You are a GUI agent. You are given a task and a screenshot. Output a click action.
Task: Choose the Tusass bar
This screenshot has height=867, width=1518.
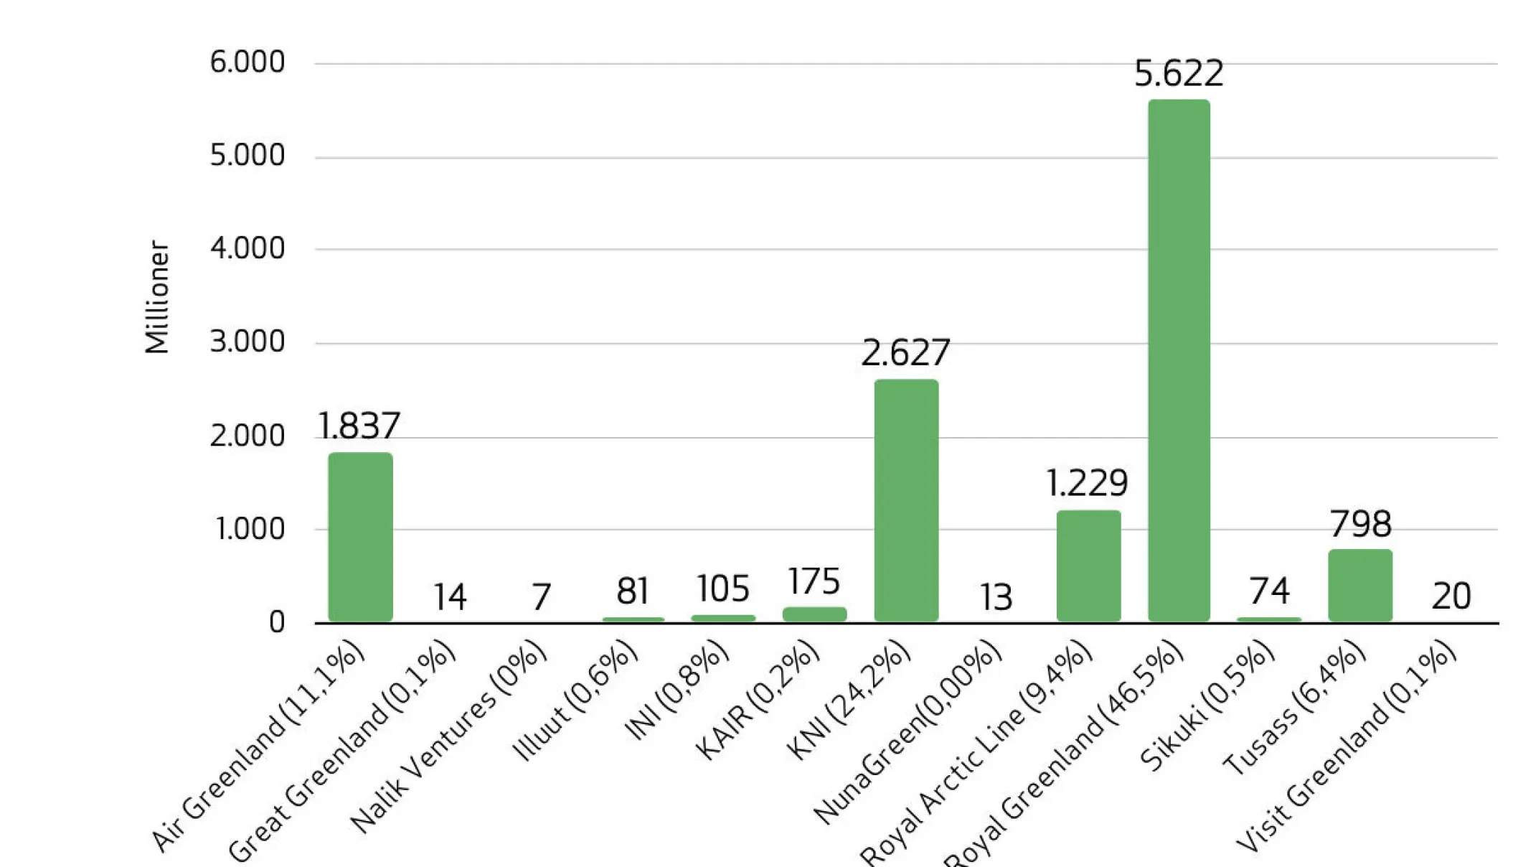[1360, 585]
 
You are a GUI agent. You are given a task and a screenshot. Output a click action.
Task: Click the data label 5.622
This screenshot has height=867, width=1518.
[1179, 73]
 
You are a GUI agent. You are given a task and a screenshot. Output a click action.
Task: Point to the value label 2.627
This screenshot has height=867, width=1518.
[905, 352]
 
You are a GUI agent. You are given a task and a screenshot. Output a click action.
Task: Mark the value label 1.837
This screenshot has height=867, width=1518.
[359, 426]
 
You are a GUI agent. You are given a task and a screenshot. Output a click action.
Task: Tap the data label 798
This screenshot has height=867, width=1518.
[1360, 524]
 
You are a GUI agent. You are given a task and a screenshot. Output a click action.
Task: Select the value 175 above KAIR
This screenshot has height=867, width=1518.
[814, 581]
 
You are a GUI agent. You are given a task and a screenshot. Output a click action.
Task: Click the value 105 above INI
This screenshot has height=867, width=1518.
[723, 589]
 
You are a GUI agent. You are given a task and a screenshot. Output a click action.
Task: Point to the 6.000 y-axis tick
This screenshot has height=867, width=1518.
[247, 62]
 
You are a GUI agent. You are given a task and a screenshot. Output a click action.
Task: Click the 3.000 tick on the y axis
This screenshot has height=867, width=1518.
[247, 342]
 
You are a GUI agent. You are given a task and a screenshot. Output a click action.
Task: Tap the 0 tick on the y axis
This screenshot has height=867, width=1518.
[277, 622]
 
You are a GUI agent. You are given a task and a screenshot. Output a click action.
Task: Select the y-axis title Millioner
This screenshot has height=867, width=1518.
[157, 297]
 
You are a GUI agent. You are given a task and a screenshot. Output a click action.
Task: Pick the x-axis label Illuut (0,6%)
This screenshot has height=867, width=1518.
[576, 700]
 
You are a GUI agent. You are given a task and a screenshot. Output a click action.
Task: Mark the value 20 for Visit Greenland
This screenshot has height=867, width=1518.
[1451, 596]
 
